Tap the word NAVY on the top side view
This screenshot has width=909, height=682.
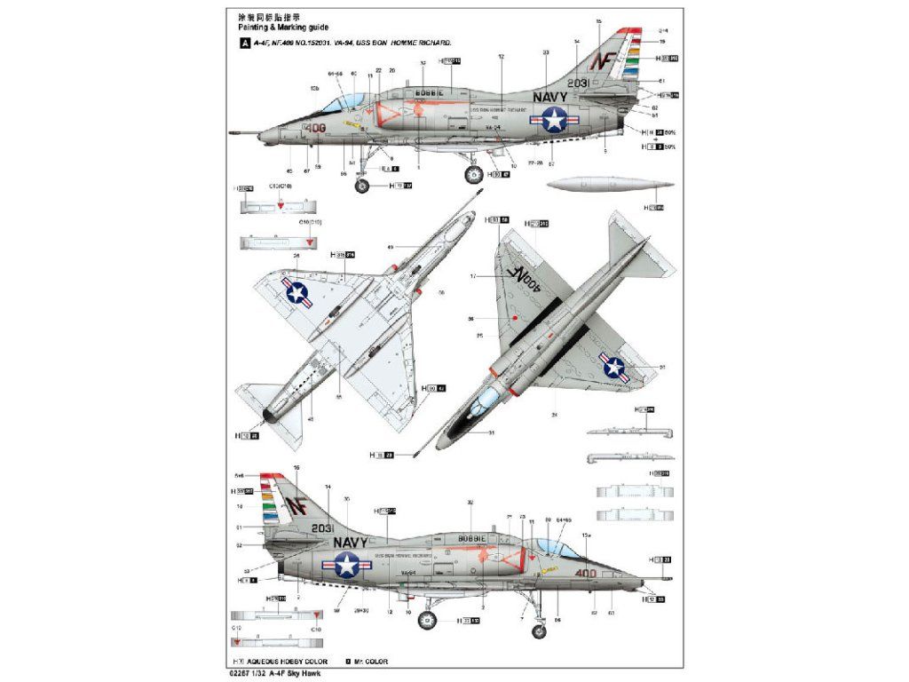click(550, 97)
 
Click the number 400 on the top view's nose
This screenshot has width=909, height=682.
click(315, 128)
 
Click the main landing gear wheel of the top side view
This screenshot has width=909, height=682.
click(474, 175)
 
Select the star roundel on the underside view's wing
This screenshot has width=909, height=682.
click(296, 291)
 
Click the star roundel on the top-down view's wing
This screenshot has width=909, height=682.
click(613, 366)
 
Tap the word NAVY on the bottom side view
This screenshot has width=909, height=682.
click(351, 541)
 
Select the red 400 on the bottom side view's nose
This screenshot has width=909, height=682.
click(585, 573)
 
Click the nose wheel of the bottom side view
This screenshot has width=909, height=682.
click(539, 631)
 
